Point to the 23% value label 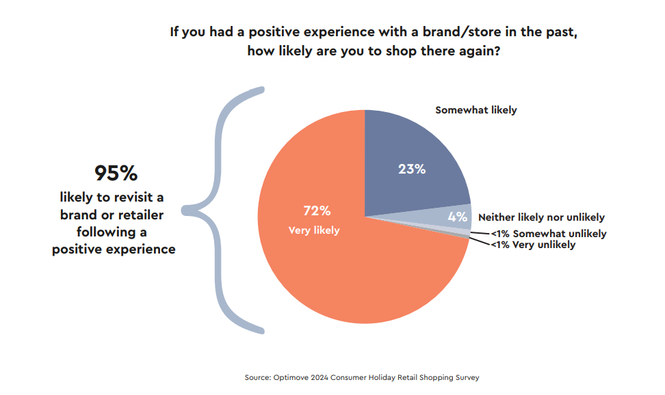point(412,169)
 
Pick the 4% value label point(458,217)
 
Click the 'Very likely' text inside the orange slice point(314,230)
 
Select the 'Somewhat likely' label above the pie point(476,109)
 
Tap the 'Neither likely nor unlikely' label point(541,217)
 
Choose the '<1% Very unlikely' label point(534,244)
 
